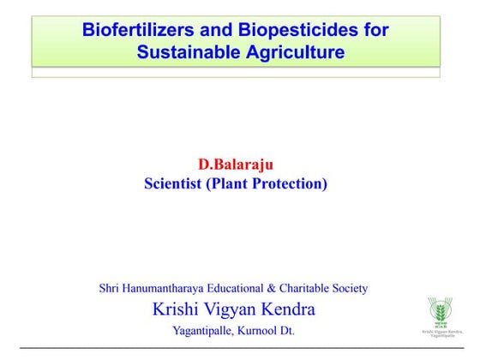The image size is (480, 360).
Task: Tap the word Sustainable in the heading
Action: (188, 52)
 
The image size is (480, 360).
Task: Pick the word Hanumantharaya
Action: (173, 288)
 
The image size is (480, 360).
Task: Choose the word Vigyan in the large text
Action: (232, 309)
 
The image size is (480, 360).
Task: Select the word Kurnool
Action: (255, 330)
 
